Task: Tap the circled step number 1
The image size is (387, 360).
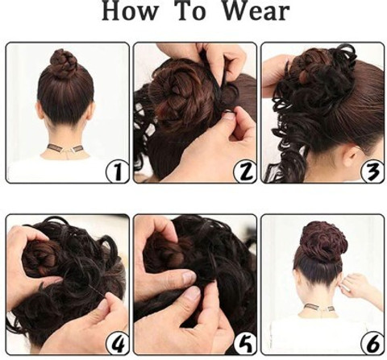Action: (x=118, y=172)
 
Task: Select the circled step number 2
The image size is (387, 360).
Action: (x=245, y=172)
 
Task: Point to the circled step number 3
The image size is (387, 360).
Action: (x=372, y=172)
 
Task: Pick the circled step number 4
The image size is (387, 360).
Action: (x=118, y=343)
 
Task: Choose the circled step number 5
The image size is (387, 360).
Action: (x=245, y=343)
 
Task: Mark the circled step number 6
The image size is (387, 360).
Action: (x=372, y=343)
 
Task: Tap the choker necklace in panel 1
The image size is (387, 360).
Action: (x=64, y=148)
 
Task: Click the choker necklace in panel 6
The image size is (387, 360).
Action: (x=319, y=308)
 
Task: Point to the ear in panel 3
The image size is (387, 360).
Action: (x=352, y=155)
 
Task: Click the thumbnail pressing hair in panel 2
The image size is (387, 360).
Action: (x=229, y=116)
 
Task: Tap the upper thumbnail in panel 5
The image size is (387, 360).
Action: (x=189, y=277)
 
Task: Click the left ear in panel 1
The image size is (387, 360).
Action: (x=40, y=111)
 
